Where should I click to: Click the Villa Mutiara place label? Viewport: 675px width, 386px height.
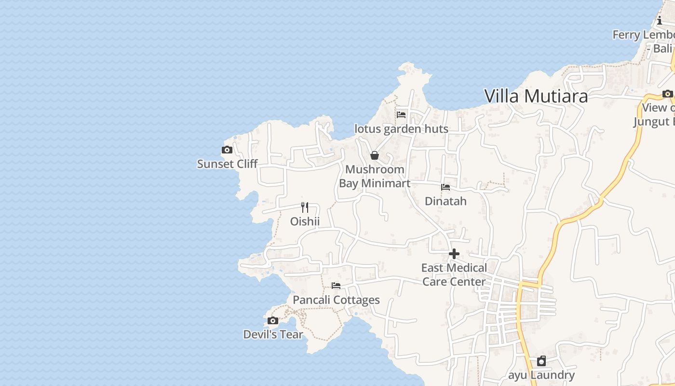pos(536,96)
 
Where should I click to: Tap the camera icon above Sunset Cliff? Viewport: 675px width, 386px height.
pos(227,150)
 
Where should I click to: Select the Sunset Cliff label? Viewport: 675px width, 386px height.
pos(228,164)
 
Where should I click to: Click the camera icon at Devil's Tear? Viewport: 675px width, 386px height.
pos(273,320)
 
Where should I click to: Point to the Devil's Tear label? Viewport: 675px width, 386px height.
pos(273,334)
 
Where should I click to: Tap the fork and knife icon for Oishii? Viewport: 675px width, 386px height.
pos(305,207)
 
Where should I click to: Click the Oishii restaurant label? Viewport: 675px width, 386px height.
pos(305,221)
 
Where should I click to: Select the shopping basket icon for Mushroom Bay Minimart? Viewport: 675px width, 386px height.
pos(375,155)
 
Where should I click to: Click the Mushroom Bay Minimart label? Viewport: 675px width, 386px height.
pos(375,177)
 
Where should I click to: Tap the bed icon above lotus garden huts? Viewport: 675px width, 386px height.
pos(401,115)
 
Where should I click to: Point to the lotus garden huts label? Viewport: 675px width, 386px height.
pos(401,129)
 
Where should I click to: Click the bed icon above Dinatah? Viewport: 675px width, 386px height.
pos(445,187)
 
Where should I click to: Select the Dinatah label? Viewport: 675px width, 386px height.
pos(445,201)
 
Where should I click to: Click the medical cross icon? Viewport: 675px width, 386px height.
pos(454,254)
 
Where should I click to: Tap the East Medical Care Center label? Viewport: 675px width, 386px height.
pos(454,275)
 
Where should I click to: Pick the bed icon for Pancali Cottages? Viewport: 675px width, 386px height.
pos(336,286)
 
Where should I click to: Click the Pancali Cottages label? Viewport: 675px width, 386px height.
pos(336,300)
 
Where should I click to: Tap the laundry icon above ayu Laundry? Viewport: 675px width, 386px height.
pos(541,361)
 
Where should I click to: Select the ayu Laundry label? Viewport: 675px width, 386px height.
pos(541,375)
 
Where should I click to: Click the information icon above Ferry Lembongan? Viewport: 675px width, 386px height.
pos(660,21)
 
